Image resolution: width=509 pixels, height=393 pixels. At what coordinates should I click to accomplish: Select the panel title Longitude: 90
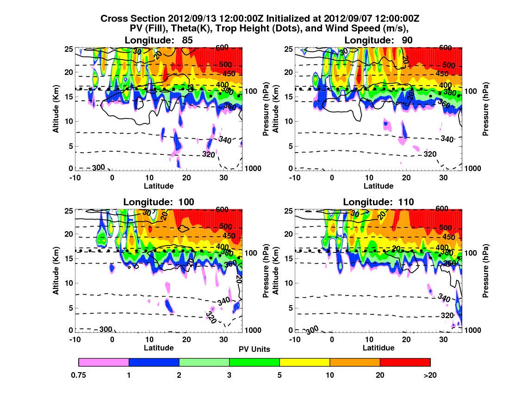379,40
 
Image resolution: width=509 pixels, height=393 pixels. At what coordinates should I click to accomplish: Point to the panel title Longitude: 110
379,202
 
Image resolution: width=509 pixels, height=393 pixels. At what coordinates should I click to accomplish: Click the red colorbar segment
405,362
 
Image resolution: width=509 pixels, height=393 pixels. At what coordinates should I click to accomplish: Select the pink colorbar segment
104,362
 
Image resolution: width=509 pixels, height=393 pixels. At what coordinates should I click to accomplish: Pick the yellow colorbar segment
304,362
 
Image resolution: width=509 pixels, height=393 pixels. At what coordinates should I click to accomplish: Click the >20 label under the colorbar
430,375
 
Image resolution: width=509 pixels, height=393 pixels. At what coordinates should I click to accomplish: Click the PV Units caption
254,349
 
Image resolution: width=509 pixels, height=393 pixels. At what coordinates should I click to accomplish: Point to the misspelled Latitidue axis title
379,348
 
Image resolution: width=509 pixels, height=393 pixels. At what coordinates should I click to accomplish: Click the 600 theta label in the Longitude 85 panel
225,48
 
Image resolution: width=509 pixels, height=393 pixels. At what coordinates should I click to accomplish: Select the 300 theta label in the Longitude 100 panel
106,329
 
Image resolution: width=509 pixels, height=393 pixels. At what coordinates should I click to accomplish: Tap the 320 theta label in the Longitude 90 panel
430,154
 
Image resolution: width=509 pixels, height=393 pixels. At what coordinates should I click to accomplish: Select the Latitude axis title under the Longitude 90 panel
379,186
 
